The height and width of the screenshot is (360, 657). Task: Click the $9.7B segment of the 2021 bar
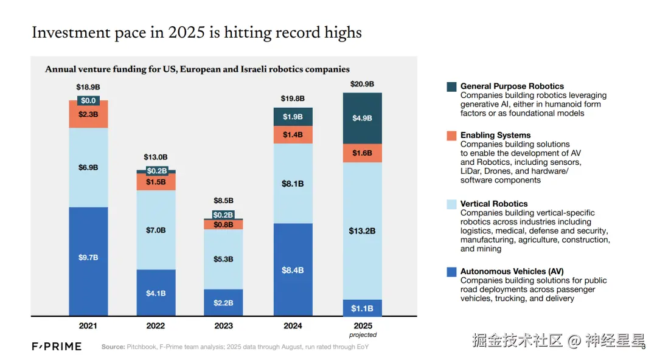88,258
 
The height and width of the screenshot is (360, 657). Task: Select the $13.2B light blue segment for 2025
362,231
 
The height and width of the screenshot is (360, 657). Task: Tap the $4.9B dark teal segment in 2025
362,118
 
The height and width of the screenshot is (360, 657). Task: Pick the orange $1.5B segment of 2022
156,182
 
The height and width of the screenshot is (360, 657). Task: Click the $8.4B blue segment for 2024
293,270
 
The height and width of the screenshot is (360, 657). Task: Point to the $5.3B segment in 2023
223,259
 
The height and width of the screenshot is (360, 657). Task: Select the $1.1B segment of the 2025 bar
362,308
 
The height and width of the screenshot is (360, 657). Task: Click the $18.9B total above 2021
88,88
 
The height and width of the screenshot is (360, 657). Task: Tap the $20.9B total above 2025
362,84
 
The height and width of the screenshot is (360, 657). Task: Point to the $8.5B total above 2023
223,201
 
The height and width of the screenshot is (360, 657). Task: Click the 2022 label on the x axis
156,326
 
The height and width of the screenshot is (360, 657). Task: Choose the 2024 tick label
293,326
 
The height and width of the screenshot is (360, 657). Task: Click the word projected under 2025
363,335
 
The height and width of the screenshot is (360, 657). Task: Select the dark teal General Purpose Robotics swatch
451,86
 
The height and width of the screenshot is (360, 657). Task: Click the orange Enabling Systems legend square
451,136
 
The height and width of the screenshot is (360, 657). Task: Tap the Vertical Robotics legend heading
494,204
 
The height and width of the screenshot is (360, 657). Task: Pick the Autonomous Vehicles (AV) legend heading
512,271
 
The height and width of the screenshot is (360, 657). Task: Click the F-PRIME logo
57,347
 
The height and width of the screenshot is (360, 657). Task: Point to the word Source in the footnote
113,347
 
